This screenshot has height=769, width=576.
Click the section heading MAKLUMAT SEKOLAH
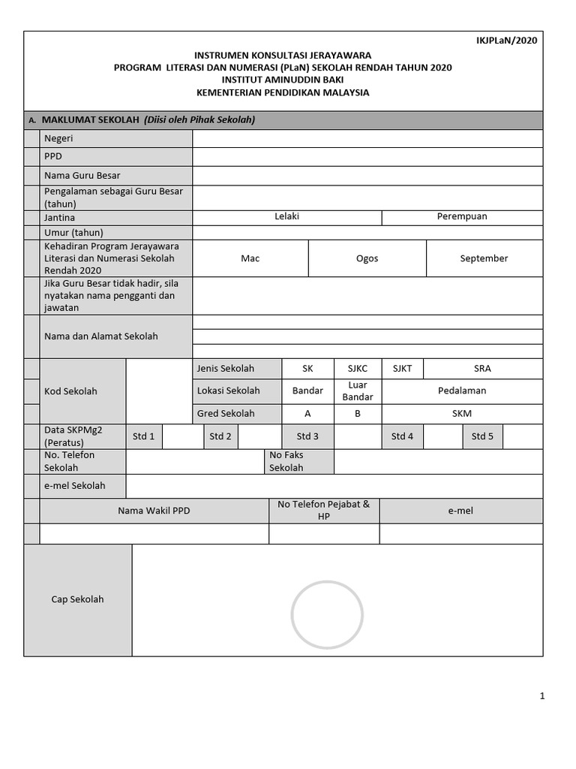91,120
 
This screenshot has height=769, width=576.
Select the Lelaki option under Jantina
286,217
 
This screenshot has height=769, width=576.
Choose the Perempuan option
462,217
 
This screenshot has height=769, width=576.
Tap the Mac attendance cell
250,258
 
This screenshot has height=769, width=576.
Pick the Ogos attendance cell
367,258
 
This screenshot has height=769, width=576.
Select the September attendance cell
484,258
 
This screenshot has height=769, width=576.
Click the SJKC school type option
358,369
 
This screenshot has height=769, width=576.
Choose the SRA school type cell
482,369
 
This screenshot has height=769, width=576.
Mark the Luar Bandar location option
358,391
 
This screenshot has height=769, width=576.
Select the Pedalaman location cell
462,391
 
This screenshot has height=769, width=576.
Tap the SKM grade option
462,414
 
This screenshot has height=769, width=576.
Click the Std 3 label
307,437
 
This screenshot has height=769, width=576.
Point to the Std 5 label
482,437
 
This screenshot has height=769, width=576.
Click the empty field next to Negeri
367,139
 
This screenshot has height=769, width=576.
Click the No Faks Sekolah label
286,462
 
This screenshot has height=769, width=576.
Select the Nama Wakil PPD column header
154,511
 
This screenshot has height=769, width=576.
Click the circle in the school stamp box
328,614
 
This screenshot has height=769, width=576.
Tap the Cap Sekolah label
77,599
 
